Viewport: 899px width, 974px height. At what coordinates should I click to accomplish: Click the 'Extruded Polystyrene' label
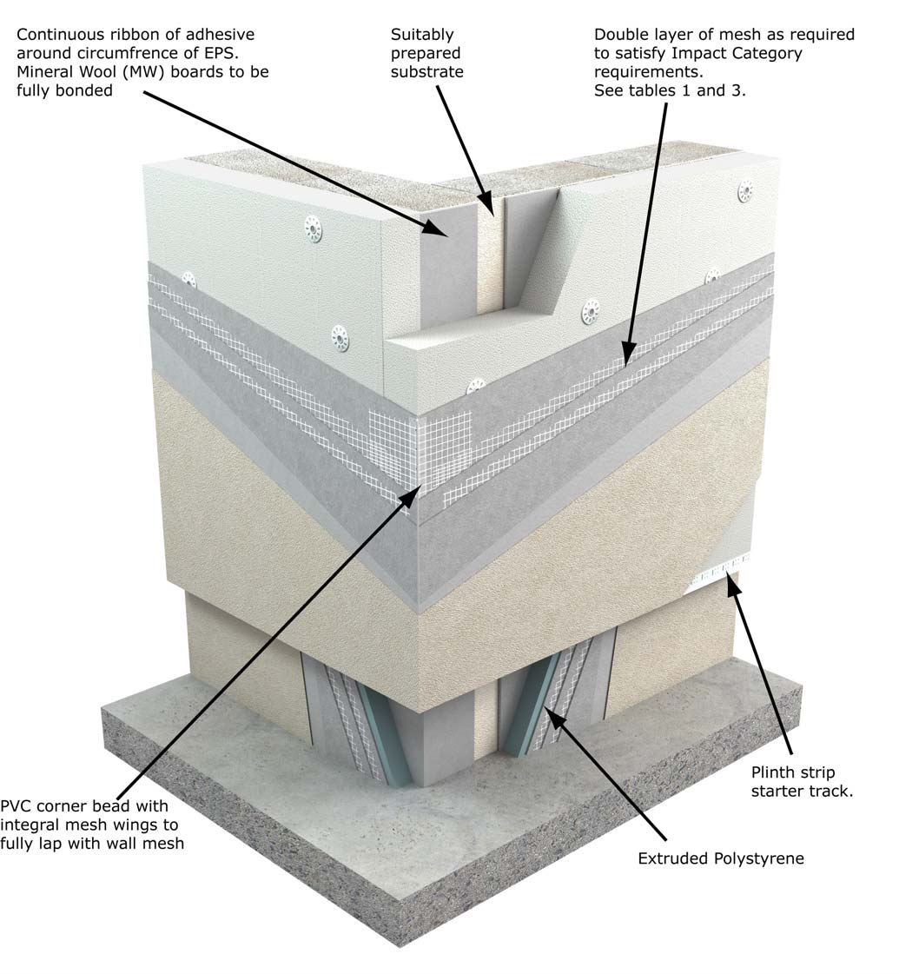pyautogui.click(x=721, y=858)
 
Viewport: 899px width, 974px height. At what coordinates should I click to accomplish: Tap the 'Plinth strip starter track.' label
pyautogui.click(x=793, y=781)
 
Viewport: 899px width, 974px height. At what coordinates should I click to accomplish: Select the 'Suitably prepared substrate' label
pyautogui.click(x=426, y=53)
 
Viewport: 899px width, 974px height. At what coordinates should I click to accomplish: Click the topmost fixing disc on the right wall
pyautogui.click(x=745, y=191)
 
